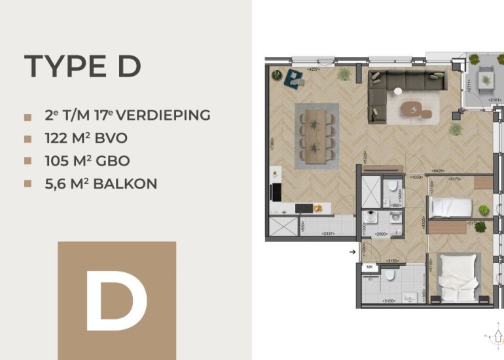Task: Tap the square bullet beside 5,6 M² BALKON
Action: tap(27, 185)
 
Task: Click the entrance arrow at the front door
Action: tap(353, 251)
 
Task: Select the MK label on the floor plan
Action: tap(369, 268)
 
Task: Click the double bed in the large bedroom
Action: tap(458, 278)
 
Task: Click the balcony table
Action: tap(486, 78)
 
